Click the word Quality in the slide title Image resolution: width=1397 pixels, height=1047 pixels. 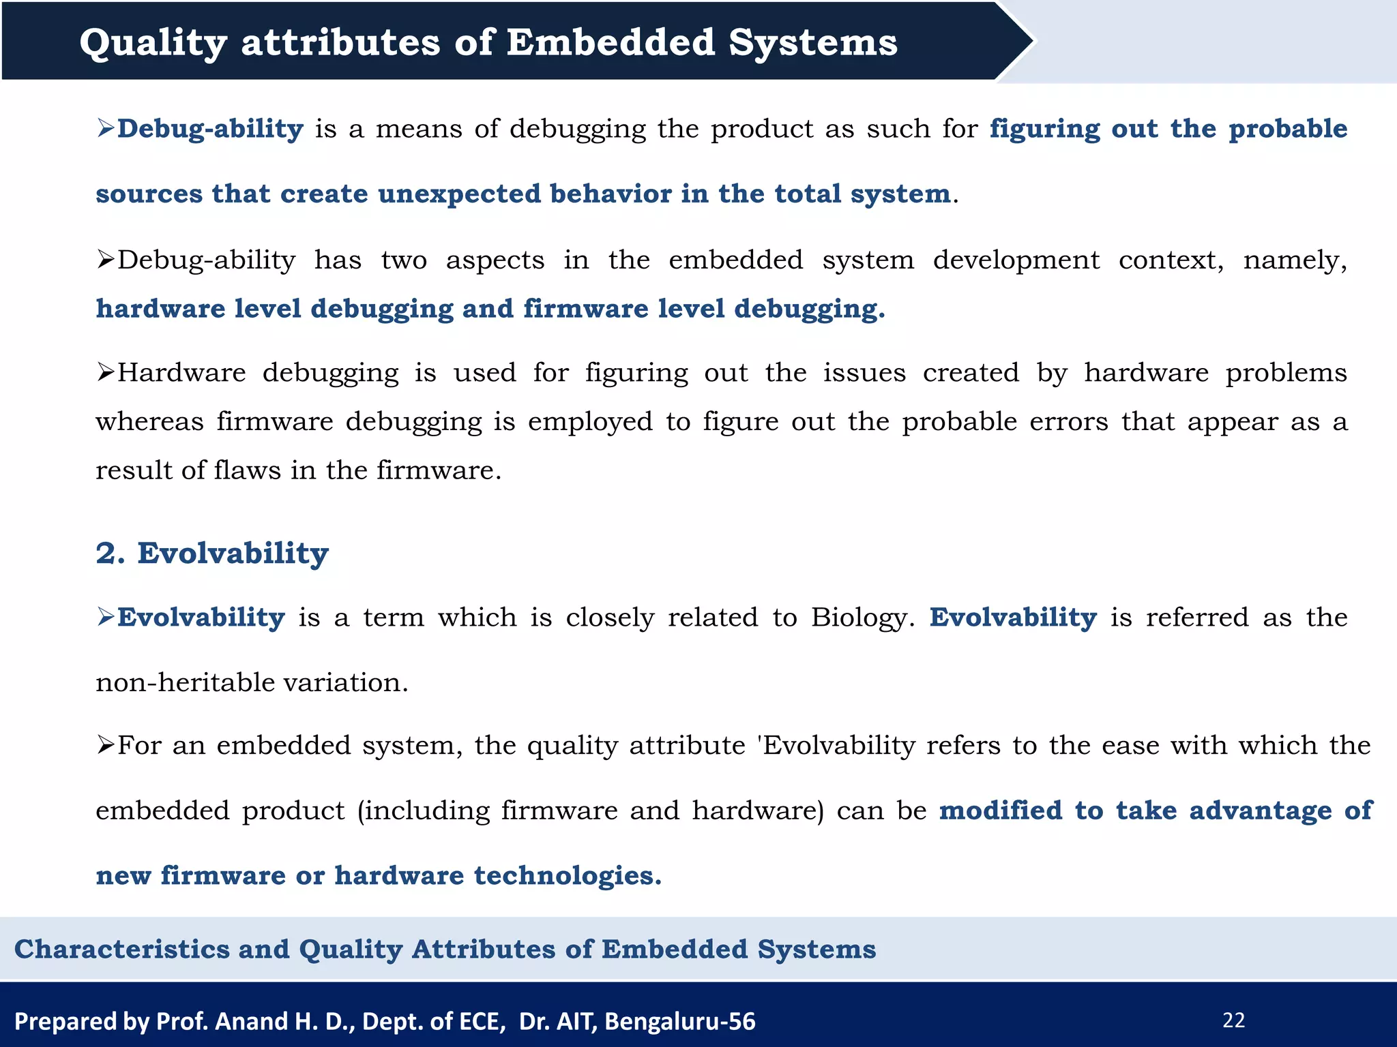tap(153, 43)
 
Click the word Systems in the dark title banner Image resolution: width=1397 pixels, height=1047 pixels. tap(812, 43)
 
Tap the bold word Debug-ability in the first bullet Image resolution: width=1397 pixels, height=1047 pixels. tap(210, 129)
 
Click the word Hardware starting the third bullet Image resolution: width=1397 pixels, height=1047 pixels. tap(181, 373)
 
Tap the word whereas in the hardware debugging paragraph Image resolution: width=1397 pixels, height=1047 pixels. tap(149, 422)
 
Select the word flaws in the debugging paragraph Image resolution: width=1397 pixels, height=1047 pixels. tap(247, 470)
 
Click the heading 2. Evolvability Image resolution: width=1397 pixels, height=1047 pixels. tap(212, 553)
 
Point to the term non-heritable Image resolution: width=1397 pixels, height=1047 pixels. tap(185, 682)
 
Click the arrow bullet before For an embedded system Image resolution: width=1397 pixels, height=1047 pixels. tap(105, 746)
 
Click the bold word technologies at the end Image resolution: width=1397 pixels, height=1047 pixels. tap(567, 875)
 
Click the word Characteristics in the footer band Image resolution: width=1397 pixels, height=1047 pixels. tap(122, 949)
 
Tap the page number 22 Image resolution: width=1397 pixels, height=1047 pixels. tap(1233, 1020)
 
